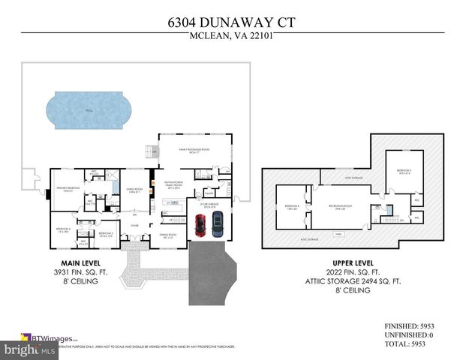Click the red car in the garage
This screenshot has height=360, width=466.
pos(200,225)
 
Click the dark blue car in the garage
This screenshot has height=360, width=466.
pos(218,224)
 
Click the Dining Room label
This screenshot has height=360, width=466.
pos(167,235)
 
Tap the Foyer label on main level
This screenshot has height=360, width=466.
pos(134,225)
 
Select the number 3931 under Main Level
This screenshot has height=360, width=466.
pos(60,272)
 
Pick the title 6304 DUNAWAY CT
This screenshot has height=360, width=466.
pos(233,23)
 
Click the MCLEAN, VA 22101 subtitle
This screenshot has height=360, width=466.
pos(233,40)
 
